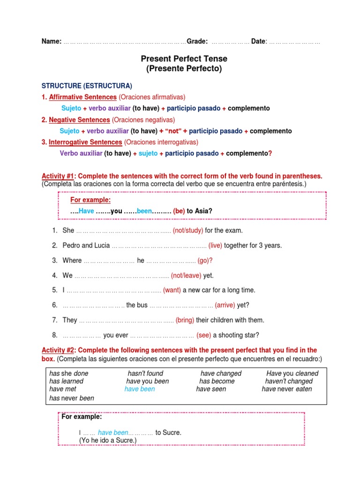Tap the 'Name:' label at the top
52,41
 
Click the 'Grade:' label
197,41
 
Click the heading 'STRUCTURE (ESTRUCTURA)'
87,86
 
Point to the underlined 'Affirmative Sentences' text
83,97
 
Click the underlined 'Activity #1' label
59,176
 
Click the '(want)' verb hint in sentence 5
172,290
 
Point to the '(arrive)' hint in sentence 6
225,305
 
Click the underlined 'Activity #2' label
59,350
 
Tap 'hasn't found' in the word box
145,374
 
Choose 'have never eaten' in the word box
287,389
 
